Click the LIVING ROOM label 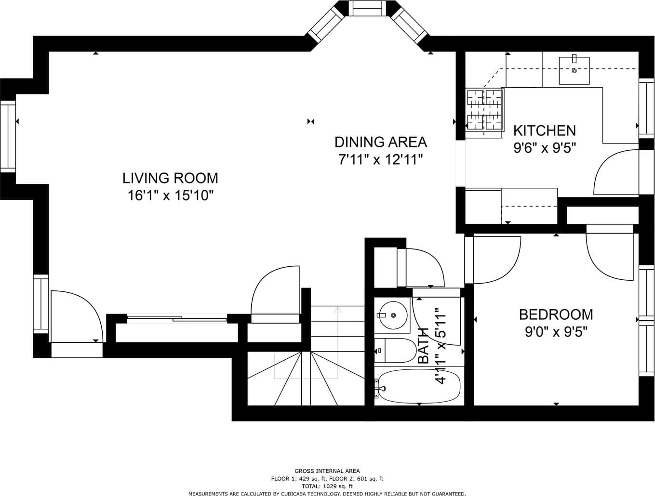[170, 178]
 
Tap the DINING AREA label [380, 142]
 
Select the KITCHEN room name [545, 131]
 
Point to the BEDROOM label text [556, 314]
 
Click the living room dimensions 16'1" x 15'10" [171, 196]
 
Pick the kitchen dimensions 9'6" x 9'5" [545, 147]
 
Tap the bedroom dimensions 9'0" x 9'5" [556, 331]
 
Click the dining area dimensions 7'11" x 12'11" [380, 159]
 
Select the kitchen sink [574, 70]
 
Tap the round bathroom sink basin [393, 315]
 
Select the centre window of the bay [368, 8]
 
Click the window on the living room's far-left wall [8, 136]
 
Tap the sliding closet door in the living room [177, 318]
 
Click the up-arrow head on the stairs [337, 310]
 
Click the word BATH [423, 346]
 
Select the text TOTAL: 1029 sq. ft [327, 486]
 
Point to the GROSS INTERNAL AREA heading [327, 471]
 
